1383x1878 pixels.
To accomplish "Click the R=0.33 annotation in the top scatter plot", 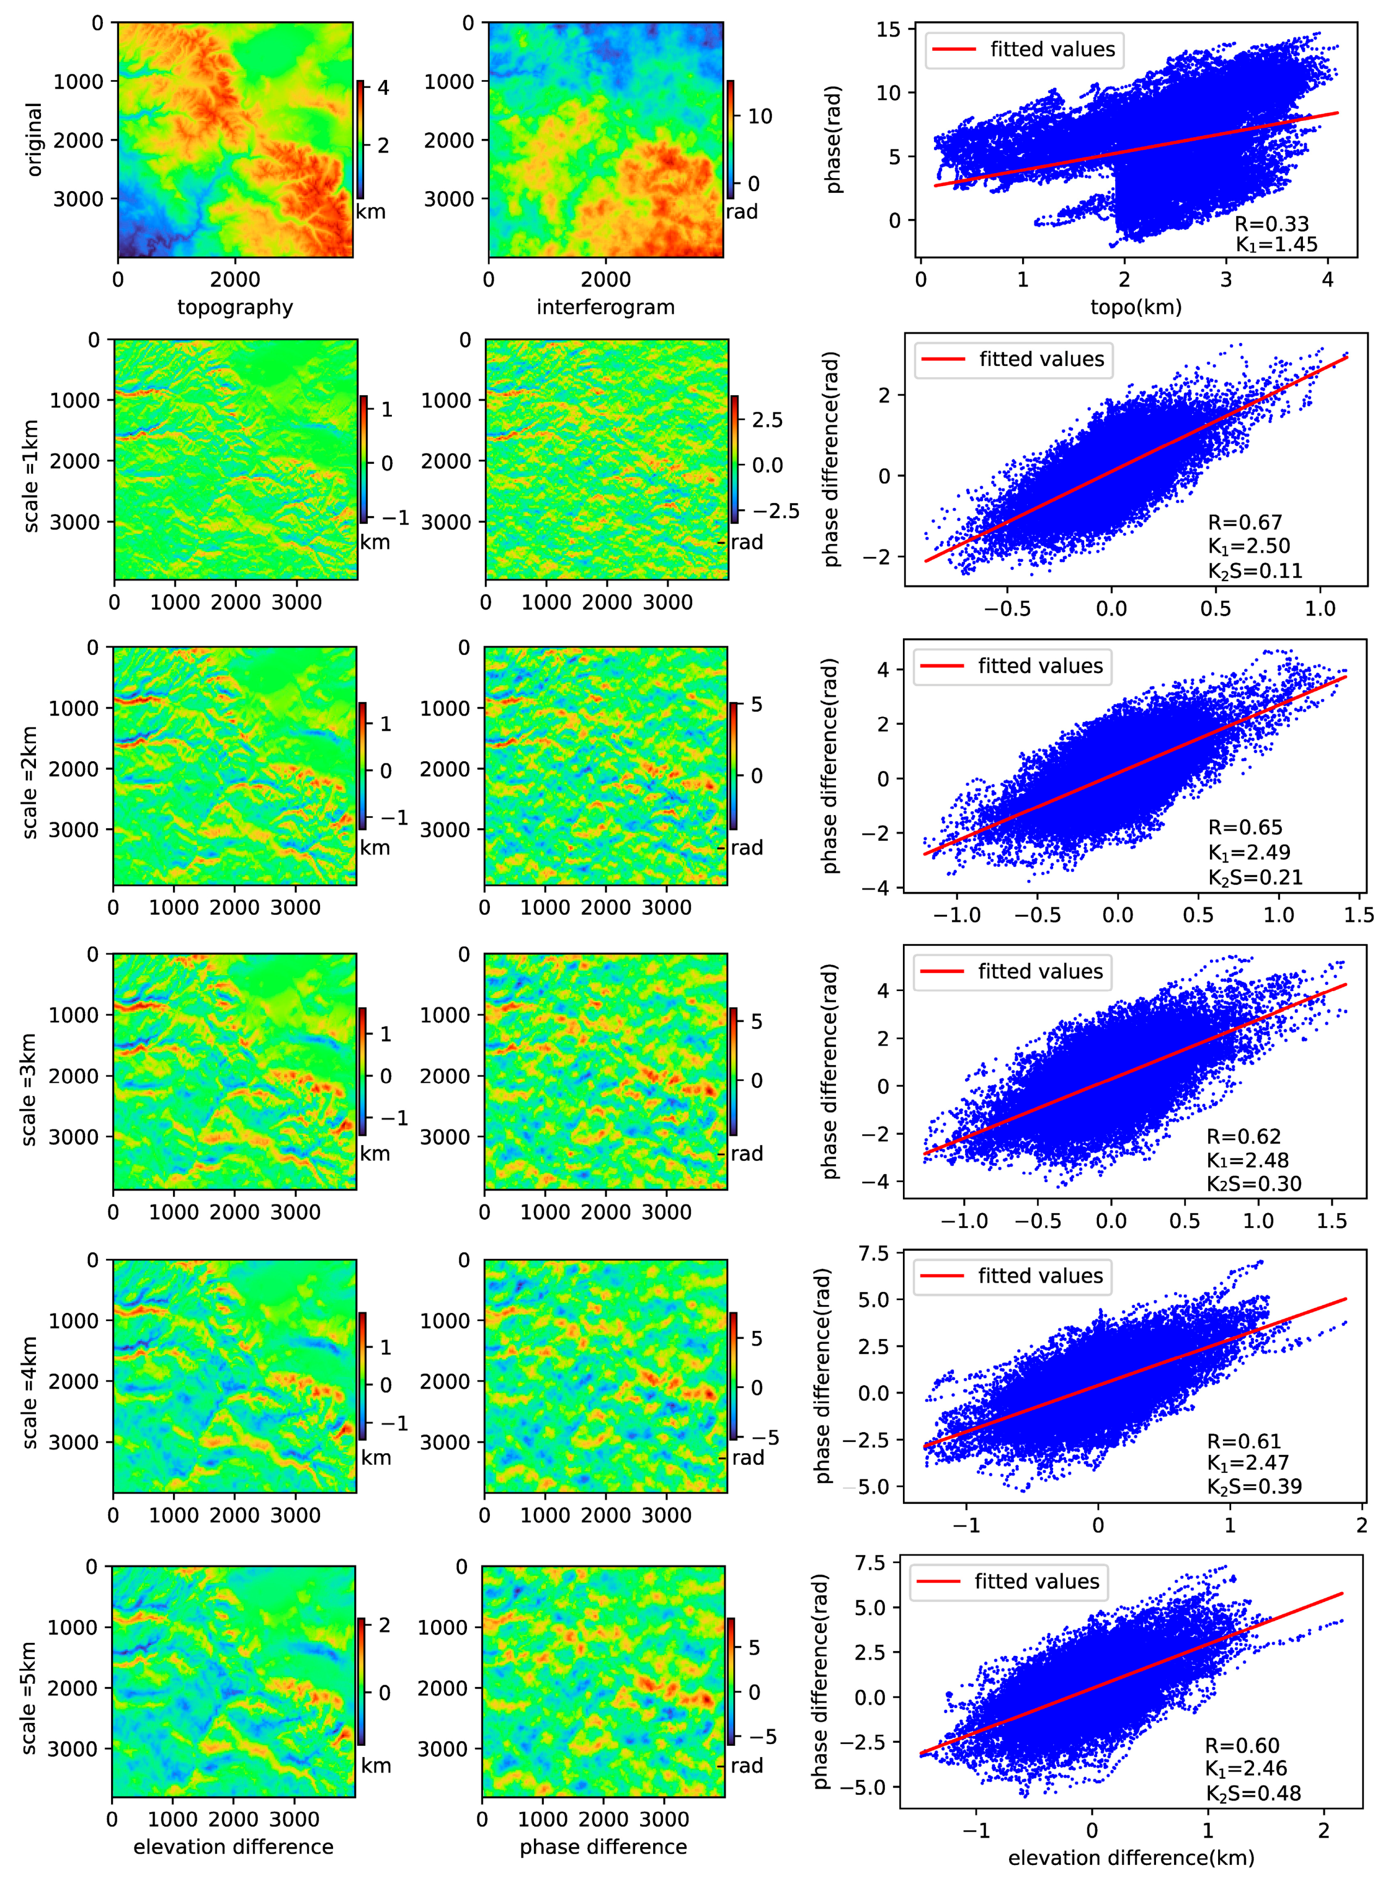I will click(x=1271, y=224).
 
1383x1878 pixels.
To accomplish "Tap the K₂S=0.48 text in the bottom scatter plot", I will click(x=1253, y=1793).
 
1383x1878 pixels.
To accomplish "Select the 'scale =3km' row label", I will click(x=29, y=1090).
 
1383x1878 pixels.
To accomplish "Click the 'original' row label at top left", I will click(x=34, y=140).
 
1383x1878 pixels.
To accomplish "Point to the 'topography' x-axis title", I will click(x=235, y=307).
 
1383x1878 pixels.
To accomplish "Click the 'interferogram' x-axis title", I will click(x=605, y=307).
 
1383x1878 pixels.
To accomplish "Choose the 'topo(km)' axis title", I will click(x=1136, y=307).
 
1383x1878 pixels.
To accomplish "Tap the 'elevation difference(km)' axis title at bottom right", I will click(x=1131, y=1858).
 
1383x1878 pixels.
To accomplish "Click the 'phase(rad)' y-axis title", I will click(x=834, y=140).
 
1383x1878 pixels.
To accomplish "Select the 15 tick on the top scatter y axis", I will click(x=889, y=29).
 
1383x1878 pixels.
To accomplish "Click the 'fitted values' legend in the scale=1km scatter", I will click(x=1025, y=359).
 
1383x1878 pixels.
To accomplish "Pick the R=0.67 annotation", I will click(x=1244, y=523).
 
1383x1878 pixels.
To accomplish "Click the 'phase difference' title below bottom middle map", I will click(x=603, y=1847).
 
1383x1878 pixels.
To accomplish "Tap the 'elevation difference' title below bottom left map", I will click(x=233, y=1847).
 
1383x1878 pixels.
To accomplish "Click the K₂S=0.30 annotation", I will click(x=1253, y=1183).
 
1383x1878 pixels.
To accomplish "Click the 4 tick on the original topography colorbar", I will click(x=383, y=87).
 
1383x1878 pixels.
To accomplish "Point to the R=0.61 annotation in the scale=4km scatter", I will click(x=1243, y=1441).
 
